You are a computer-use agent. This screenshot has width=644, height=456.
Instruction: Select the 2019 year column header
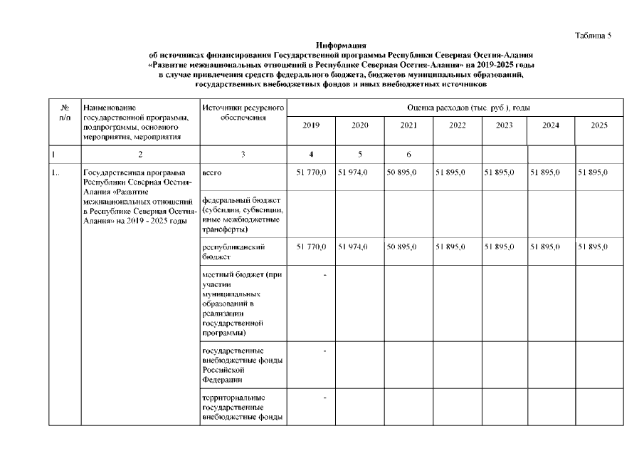coord(311,125)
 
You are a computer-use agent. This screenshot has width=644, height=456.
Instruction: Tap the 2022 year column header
coord(456,125)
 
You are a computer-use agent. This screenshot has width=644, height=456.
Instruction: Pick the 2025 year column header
coord(599,125)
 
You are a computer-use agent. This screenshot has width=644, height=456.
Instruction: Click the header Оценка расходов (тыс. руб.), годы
coord(455,107)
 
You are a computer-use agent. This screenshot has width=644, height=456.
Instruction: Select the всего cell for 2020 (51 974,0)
coord(359,172)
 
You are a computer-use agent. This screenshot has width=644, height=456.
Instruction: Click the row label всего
coord(212,172)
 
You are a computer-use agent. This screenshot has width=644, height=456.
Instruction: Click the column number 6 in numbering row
coord(407,153)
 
